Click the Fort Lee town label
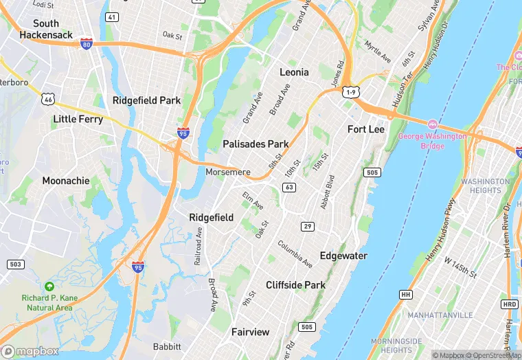(x=366, y=129)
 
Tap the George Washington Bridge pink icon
(x=433, y=124)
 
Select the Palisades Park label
(x=256, y=144)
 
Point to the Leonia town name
(x=294, y=72)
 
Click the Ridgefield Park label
(x=146, y=100)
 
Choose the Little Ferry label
(x=78, y=119)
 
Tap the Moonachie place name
(x=66, y=181)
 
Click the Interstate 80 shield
(x=86, y=44)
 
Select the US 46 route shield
(x=48, y=100)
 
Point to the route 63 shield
(x=289, y=187)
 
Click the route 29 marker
(x=307, y=226)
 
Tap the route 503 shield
(x=15, y=264)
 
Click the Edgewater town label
(x=343, y=256)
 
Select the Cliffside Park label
(x=295, y=284)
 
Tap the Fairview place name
(x=251, y=332)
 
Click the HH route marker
(x=405, y=294)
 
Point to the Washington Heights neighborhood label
(x=486, y=185)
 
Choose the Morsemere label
(x=228, y=172)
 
